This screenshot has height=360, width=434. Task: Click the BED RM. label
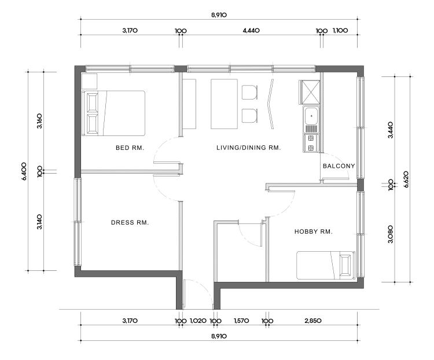pyautogui.click(x=130, y=148)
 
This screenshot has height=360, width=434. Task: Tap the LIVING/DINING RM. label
pyautogui.click(x=249, y=148)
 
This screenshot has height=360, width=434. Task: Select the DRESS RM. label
pyautogui.click(x=130, y=222)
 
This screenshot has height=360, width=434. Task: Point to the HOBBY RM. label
pyautogui.click(x=313, y=232)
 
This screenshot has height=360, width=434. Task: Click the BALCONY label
pyautogui.click(x=339, y=166)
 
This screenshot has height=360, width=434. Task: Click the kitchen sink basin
pyautogui.click(x=311, y=116)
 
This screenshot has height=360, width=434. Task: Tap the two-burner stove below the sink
pyautogui.click(x=311, y=143)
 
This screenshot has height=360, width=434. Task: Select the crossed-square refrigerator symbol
pyautogui.click(x=310, y=92)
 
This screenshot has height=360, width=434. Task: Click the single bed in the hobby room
pyautogui.click(x=325, y=265)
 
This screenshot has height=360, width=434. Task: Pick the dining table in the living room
pyautogui.click(x=224, y=104)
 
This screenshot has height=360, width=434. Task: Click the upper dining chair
pyautogui.click(x=249, y=93)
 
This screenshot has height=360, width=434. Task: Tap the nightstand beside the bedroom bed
pyautogui.click(x=89, y=81)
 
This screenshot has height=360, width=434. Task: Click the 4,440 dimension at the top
pyautogui.click(x=251, y=31)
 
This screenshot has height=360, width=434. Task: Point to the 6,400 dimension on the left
pyautogui.click(x=24, y=171)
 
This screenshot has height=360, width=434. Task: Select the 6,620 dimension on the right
pyautogui.click(x=406, y=179)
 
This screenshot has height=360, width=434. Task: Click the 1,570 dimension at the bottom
pyautogui.click(x=241, y=321)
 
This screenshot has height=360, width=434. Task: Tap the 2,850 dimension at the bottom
pyautogui.click(x=313, y=321)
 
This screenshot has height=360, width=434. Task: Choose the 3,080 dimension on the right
pyautogui.click(x=391, y=234)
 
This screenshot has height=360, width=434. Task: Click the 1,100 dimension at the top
pyautogui.click(x=340, y=31)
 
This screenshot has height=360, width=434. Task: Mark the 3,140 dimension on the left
pyautogui.click(x=39, y=222)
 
